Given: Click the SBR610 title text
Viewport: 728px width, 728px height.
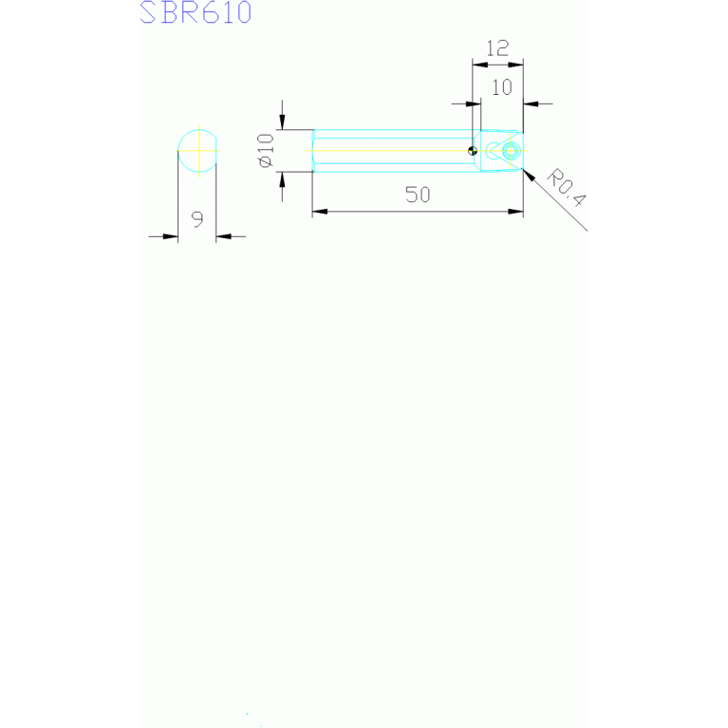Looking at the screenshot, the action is (196, 12).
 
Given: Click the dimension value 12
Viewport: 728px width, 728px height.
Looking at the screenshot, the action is (497, 48).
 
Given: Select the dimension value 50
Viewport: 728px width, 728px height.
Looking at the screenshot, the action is (418, 195).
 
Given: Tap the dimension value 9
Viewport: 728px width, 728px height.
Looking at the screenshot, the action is (197, 219).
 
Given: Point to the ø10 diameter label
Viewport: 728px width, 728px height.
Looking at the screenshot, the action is (266, 150).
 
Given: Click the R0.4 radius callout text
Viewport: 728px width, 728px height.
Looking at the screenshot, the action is (567, 188).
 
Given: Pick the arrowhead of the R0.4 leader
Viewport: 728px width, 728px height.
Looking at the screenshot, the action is (529, 176).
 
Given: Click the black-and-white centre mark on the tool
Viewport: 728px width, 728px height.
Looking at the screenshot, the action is (473, 150).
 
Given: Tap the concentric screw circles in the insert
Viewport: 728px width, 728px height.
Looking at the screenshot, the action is (511, 151).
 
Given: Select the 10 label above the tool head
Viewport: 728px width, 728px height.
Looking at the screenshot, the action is (502, 87).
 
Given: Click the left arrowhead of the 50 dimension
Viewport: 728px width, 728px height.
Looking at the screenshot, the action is (320, 212).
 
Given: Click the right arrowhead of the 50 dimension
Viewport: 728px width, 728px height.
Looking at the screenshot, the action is (515, 212).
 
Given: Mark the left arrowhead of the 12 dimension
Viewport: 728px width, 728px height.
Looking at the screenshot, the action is (480, 65).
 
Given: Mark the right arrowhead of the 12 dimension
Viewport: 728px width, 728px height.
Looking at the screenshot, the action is (515, 65).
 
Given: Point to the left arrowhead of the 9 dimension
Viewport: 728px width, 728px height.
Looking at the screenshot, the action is (171, 236).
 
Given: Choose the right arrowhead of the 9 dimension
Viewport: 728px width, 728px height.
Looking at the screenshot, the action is (224, 236).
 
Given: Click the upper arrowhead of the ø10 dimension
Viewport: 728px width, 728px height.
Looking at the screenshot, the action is (282, 122).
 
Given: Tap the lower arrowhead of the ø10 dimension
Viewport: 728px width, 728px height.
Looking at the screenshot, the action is (282, 179).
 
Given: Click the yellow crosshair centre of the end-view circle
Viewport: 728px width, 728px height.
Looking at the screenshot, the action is (199, 150).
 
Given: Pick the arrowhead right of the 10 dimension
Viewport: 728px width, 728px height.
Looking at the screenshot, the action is (531, 104).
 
